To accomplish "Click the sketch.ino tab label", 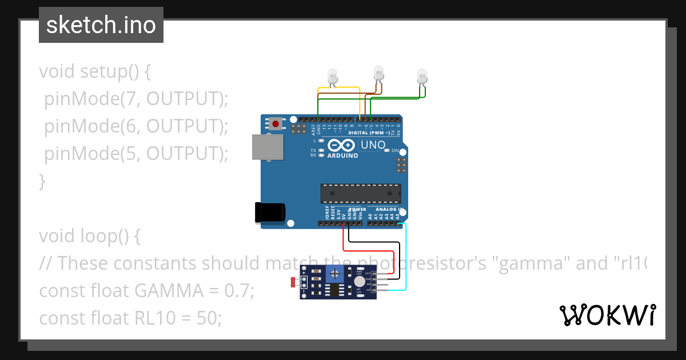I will point(101,25).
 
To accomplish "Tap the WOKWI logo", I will point(607,315).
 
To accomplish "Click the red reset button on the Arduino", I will point(276,124).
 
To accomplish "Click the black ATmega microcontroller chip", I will point(360,194).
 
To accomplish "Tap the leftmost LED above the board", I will point(332,76).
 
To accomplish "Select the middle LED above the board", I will point(378,73).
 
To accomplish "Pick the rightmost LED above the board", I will point(422,76).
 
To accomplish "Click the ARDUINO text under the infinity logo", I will point(342,155).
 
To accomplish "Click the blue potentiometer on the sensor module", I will point(334,275).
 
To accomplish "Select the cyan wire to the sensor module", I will point(406,257).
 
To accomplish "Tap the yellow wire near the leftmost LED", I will point(338,88).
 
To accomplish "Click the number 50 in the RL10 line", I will point(209,318).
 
